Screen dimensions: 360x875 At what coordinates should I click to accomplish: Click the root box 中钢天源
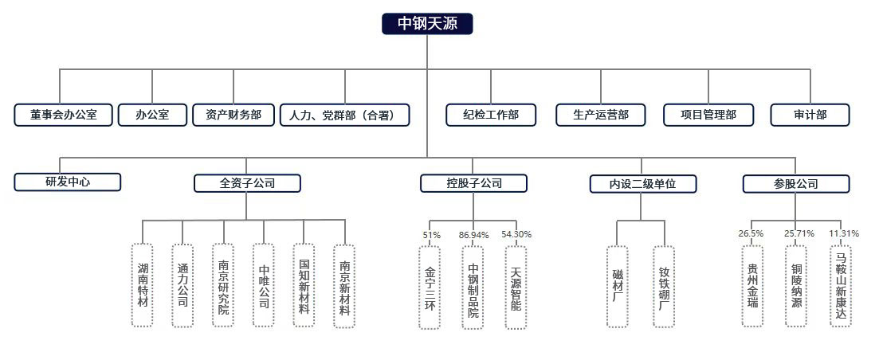click(427, 24)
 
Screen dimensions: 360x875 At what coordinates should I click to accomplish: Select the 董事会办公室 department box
click(64, 115)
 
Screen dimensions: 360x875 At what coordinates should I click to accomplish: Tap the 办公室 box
click(152, 115)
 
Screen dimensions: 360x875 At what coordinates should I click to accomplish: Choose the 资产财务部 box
click(233, 115)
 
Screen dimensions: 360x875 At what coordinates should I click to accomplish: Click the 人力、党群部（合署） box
click(345, 115)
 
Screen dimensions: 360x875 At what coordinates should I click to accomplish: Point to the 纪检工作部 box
click(491, 115)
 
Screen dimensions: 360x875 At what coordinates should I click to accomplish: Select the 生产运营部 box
click(600, 115)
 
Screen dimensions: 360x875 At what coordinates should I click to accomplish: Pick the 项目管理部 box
click(708, 115)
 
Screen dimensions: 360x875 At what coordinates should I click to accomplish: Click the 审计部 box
click(810, 115)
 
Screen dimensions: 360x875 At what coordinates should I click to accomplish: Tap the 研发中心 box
click(68, 182)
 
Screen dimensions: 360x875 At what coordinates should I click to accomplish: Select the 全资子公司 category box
click(247, 183)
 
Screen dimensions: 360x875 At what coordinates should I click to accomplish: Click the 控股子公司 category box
click(474, 183)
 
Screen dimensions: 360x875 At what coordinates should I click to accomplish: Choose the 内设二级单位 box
click(643, 184)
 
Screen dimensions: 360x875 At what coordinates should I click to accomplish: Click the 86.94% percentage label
click(474, 235)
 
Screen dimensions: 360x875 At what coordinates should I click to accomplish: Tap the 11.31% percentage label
click(843, 233)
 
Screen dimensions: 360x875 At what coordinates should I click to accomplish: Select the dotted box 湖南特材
click(143, 285)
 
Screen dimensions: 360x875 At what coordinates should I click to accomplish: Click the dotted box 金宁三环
click(430, 287)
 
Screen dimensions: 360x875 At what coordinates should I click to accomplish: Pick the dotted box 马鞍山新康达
click(841, 286)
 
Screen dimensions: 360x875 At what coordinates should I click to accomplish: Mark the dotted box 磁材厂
click(618, 286)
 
